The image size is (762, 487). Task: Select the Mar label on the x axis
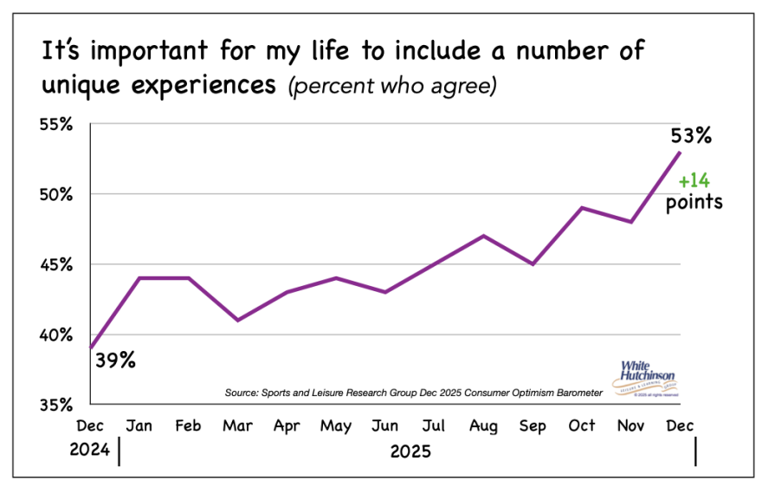tap(237, 425)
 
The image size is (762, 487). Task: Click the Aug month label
tap(482, 425)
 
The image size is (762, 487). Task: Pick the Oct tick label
tap(582, 425)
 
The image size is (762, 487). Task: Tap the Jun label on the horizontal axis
tap(384, 425)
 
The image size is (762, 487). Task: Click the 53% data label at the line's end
tap(690, 135)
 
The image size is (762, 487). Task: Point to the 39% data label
tap(114, 360)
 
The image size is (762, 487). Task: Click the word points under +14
tap(694, 203)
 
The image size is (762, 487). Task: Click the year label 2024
tap(91, 451)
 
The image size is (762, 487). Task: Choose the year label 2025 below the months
tap(410, 451)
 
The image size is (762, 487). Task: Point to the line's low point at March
tap(237, 320)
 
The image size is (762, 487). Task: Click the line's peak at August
tap(482, 236)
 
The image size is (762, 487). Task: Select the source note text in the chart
tap(413, 393)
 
